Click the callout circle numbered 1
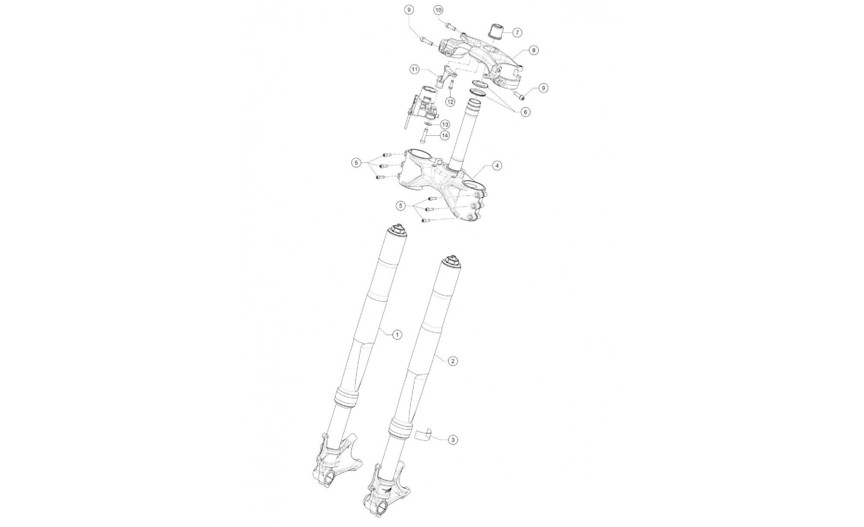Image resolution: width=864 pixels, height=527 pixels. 397,334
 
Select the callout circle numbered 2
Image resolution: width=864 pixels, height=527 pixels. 452,361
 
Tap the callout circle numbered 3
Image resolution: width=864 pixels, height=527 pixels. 452,440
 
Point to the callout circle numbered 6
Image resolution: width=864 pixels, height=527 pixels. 525,112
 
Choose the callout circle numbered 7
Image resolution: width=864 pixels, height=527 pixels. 517,32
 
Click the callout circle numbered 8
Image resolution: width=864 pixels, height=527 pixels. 534,51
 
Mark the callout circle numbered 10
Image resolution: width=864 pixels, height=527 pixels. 438,10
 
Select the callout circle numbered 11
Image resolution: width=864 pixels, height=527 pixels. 415,69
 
